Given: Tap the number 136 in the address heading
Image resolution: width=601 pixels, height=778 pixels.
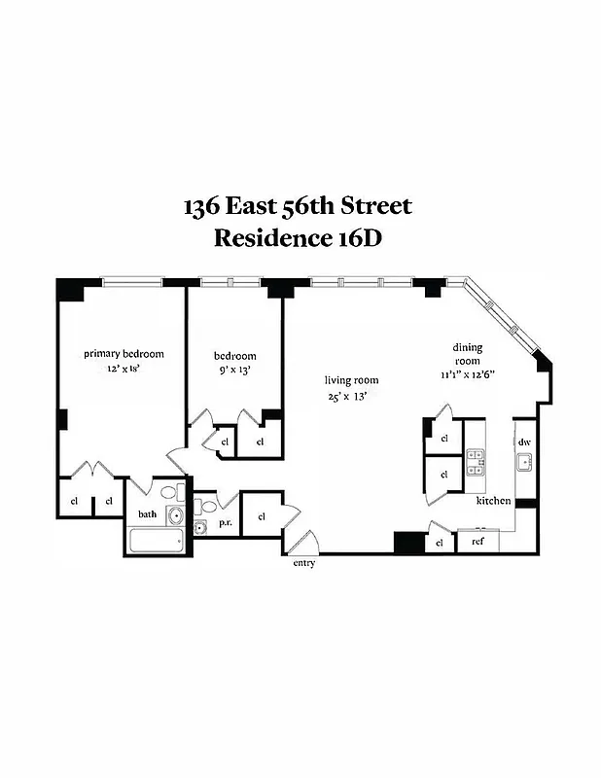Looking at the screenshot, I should click(x=202, y=206).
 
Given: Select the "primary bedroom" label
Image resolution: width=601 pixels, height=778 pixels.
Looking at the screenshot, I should click(x=124, y=354).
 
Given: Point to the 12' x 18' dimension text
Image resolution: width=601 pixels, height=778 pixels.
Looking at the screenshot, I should click(x=124, y=370).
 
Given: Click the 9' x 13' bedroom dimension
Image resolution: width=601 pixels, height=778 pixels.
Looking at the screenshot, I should click(x=234, y=371).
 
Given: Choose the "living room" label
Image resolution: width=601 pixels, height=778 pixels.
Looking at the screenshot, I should click(x=352, y=380).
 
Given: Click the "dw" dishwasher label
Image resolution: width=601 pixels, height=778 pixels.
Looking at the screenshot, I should click(x=524, y=442).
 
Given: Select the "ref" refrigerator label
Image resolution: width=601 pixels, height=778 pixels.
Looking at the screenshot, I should click(x=477, y=542).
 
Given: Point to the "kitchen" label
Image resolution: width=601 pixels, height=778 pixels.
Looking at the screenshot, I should click(x=493, y=501).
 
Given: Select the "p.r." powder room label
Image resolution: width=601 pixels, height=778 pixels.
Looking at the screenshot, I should click(x=225, y=522).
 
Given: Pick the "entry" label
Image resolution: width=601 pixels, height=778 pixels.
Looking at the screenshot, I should click(x=303, y=563).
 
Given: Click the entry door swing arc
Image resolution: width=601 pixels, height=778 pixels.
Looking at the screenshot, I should click(x=305, y=541).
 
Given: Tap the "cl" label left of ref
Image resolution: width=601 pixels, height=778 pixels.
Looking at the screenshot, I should click(x=441, y=542).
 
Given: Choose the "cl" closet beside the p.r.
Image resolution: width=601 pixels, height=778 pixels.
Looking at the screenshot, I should click(x=262, y=515).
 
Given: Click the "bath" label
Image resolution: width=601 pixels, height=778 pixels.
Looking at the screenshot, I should click(x=147, y=513).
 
